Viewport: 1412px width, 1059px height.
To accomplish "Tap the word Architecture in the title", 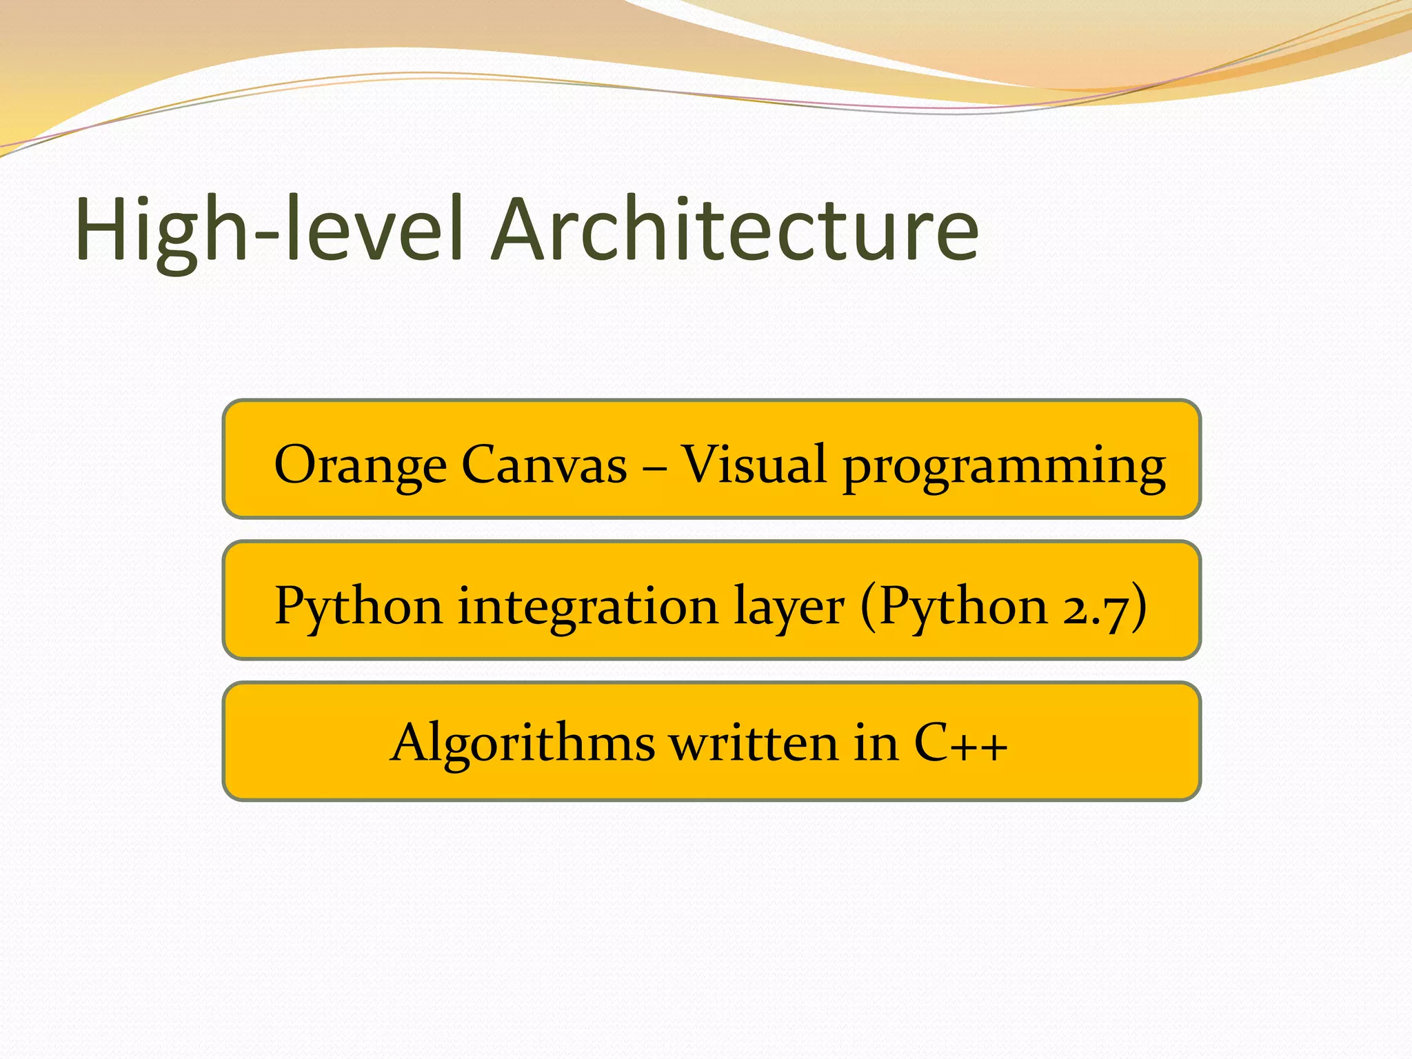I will pyautogui.click(x=735, y=230).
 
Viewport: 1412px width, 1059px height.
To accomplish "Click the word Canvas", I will pyautogui.click(x=544, y=464).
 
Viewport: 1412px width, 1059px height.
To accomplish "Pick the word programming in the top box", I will pyautogui.click(x=1004, y=467).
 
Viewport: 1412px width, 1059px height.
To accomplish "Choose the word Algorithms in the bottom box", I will pyautogui.click(x=522, y=743).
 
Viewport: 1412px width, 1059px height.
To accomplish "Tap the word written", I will pyautogui.click(x=754, y=743).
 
